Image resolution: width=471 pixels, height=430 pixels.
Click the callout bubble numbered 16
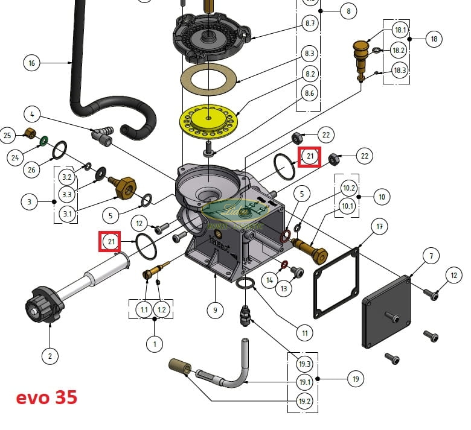coord(32,62)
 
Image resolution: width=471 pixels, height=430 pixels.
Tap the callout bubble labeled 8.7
coord(310,24)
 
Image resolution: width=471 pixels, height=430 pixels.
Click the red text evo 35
coord(46,398)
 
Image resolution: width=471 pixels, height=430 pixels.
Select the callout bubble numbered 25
coord(8,135)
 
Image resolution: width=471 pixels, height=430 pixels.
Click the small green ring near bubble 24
coord(44,141)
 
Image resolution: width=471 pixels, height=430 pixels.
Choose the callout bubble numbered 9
coord(215,311)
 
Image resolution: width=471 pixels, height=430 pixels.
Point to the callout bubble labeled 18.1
coord(400,30)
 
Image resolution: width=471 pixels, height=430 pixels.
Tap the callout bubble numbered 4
coord(33,114)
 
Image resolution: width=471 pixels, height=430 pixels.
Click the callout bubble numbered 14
coord(270,280)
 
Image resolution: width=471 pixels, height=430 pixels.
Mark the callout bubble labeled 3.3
coord(68,194)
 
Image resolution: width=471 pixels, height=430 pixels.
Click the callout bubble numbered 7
coord(431,256)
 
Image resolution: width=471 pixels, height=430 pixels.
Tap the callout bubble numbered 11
coord(305,332)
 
